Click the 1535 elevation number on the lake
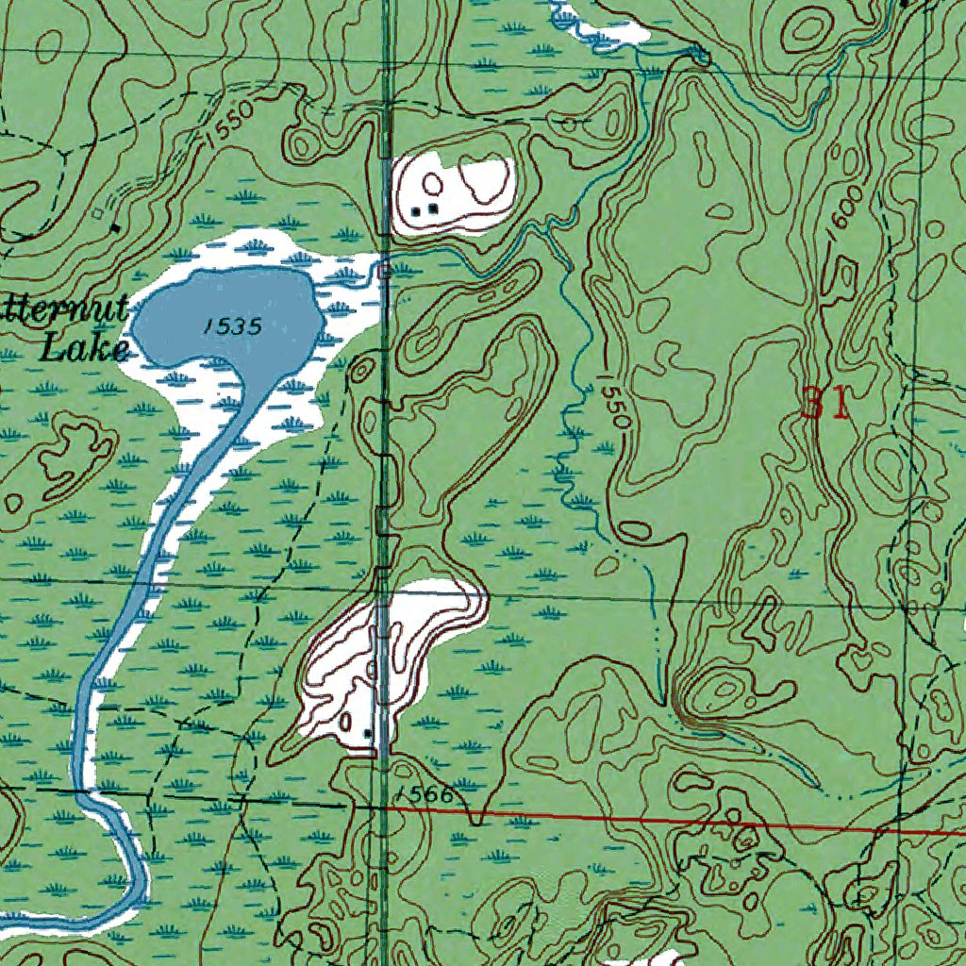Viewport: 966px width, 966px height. pos(231,326)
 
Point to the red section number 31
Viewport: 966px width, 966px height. pos(824,404)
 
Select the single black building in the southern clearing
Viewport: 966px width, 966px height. pos(367,732)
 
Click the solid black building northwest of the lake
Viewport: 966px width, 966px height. pos(115,227)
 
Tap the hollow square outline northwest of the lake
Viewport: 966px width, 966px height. pos(98,214)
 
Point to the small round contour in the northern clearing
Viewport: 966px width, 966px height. pos(432,182)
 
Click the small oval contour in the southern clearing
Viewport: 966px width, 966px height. pos(346,722)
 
